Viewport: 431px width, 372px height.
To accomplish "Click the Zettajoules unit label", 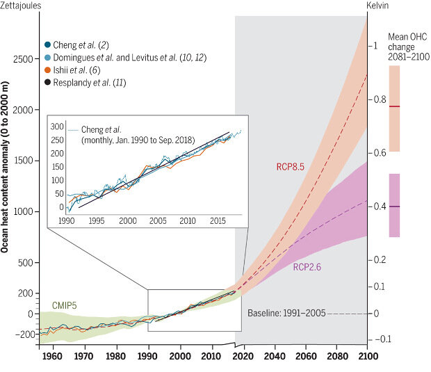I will [x=21, y=6].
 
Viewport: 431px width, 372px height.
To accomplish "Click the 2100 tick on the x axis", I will [x=366, y=357].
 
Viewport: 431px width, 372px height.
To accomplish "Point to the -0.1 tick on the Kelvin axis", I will [x=384, y=339].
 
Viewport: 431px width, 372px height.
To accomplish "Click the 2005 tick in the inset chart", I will [x=158, y=220].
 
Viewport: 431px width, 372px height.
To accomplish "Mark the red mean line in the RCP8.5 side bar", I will [x=394, y=106].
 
